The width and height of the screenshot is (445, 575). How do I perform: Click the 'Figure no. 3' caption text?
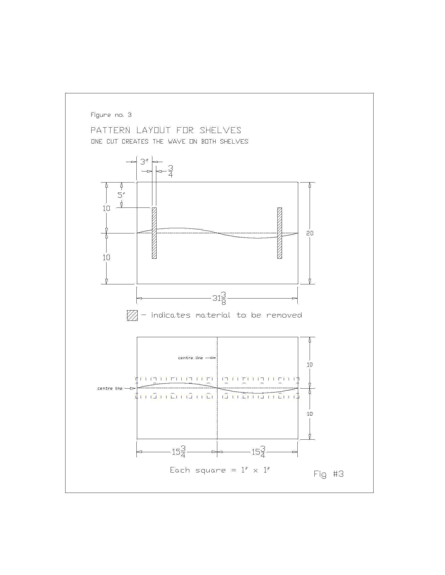coord(111,115)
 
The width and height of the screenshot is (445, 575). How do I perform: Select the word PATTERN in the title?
coord(110,130)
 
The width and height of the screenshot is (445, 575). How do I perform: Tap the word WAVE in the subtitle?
coord(177,142)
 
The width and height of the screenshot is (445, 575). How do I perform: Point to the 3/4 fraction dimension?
coord(171,171)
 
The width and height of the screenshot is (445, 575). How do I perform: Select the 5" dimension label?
coord(121,195)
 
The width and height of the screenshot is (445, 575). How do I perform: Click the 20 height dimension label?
coord(310,233)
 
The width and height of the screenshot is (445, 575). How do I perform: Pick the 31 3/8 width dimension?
coord(219,298)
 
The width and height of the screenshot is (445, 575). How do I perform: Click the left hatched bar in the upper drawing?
coord(154,233)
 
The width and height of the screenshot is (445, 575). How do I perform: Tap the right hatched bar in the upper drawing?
coord(280,233)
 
